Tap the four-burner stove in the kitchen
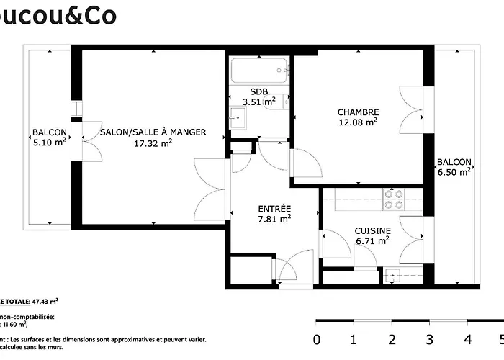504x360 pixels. (x=393, y=199)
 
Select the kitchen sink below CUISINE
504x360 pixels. (x=392, y=274)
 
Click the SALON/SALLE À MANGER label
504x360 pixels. (x=153, y=132)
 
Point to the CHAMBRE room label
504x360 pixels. (x=358, y=112)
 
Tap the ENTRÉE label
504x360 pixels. (x=274, y=208)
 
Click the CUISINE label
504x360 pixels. (x=372, y=230)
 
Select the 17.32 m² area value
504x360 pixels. (x=153, y=143)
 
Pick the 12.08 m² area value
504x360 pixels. (x=358, y=122)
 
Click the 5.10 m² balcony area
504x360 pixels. (x=50, y=143)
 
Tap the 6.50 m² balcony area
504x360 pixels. (x=454, y=172)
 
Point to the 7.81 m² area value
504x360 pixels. (x=274, y=219)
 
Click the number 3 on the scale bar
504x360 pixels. (x=430, y=339)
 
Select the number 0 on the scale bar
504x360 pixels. (x=317, y=339)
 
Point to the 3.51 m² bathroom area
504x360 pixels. (x=259, y=102)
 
